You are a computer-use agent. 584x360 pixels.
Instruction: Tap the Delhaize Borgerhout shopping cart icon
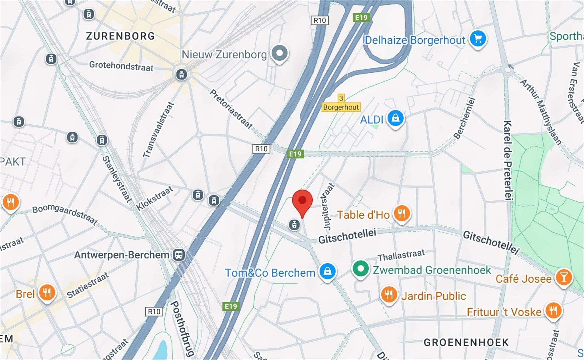(x=478, y=39)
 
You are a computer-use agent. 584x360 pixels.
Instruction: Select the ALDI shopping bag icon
(x=395, y=118)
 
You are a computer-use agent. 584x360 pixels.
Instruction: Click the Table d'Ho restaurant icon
(x=401, y=213)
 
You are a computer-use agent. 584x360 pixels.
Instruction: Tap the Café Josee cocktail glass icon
(x=564, y=277)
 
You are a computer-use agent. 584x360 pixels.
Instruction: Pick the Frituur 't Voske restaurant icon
(x=553, y=311)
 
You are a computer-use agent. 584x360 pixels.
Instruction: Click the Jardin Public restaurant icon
(x=389, y=295)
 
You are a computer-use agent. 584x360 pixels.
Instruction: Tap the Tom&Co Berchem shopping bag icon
(x=327, y=271)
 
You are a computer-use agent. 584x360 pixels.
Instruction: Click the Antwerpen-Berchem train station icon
(x=179, y=255)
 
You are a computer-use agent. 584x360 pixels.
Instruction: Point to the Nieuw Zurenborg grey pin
(x=280, y=53)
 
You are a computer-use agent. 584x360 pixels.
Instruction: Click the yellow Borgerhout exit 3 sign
(x=341, y=104)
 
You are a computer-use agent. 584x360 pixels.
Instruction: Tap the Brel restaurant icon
(x=47, y=293)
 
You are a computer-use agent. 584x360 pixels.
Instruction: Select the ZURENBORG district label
(x=120, y=36)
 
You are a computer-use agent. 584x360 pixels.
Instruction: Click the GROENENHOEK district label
(x=466, y=343)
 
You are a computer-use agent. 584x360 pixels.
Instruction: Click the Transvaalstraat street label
(x=158, y=130)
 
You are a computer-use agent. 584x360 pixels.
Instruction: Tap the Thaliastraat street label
(x=401, y=255)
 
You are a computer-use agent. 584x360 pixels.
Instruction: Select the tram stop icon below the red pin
(x=294, y=225)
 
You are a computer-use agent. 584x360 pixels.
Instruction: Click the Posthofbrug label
(x=182, y=328)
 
